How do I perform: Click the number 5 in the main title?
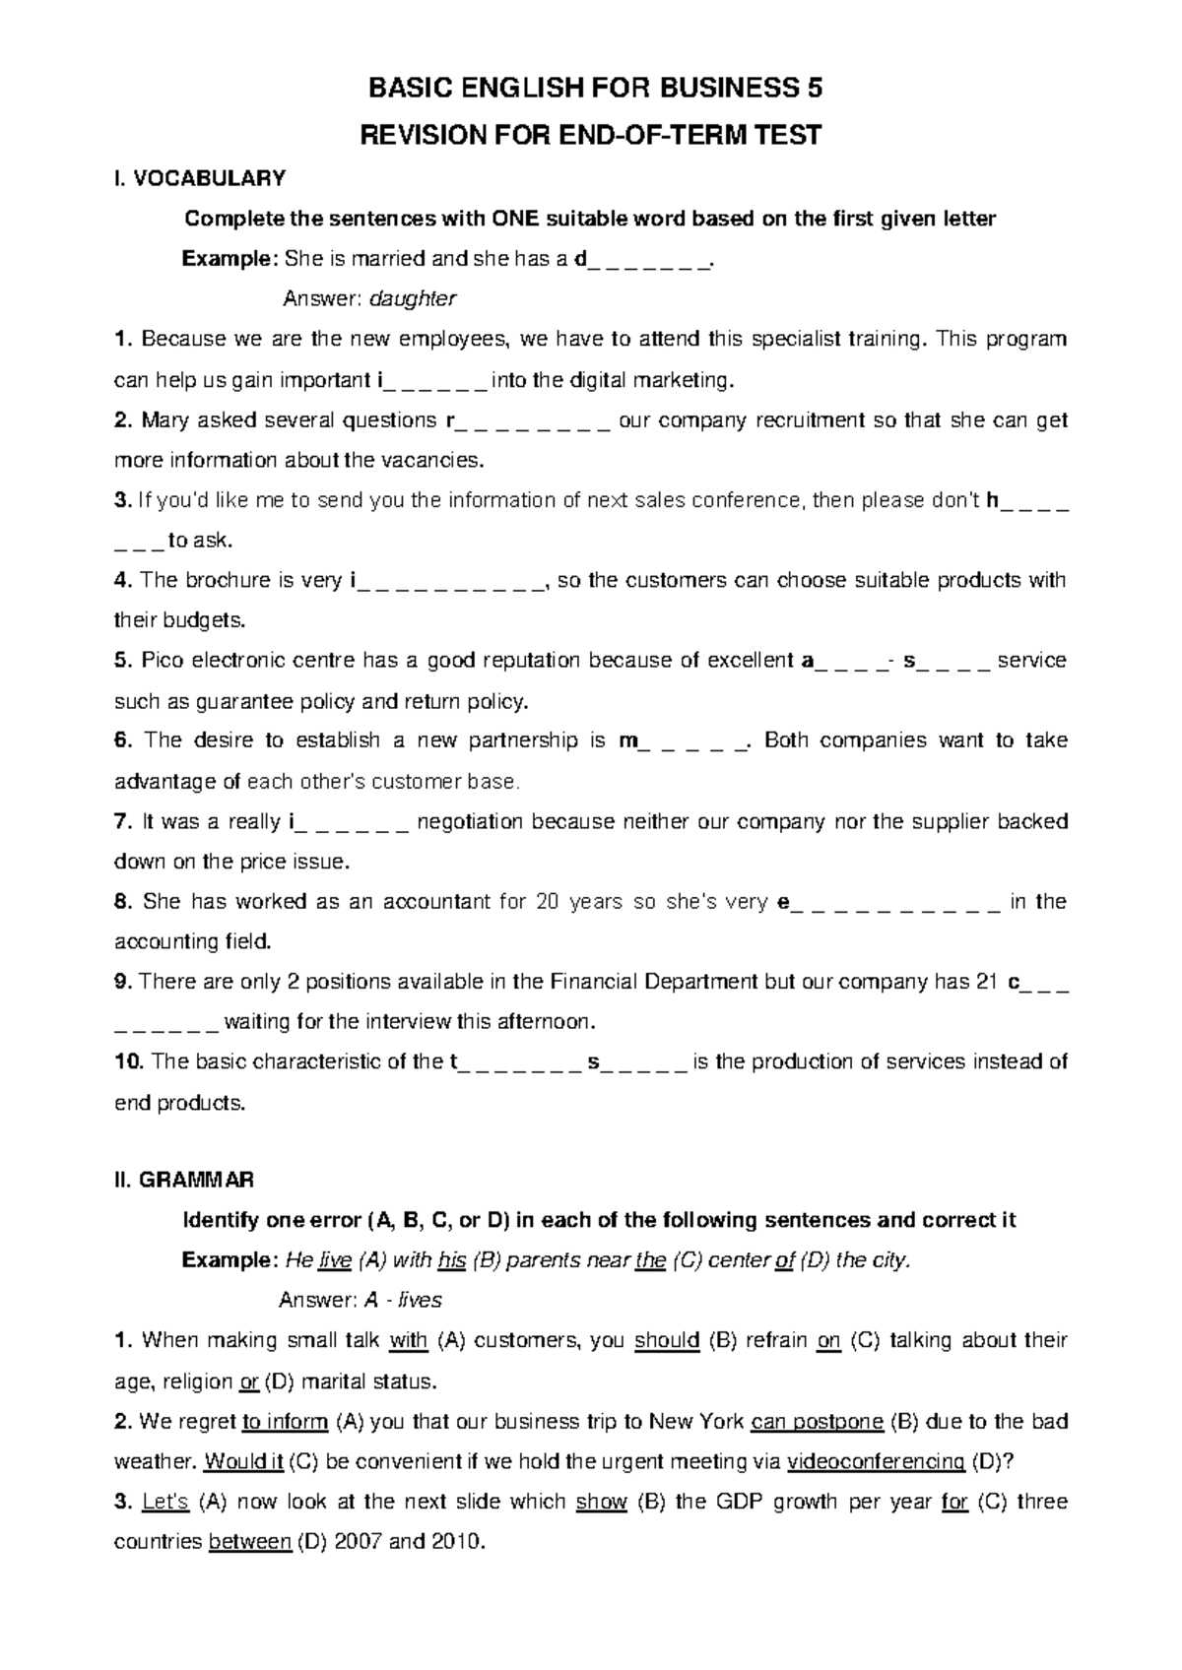[x=813, y=90]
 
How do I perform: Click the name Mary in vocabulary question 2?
[x=164, y=420]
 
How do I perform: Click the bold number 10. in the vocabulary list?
[x=130, y=1061]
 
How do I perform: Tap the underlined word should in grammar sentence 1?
[x=668, y=1340]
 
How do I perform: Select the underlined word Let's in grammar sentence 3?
[x=159, y=1502]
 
